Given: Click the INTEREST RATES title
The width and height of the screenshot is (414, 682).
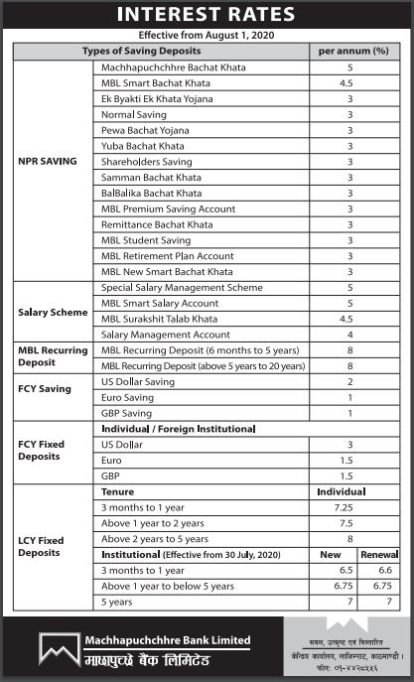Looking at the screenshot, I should (x=207, y=14).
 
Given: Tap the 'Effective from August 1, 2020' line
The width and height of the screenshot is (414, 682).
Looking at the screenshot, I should (x=207, y=35).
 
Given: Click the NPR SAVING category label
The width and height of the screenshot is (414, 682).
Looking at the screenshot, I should (x=48, y=162).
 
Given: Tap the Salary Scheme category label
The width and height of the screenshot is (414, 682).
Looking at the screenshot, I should (x=53, y=311).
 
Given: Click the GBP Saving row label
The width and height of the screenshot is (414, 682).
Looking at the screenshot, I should (x=126, y=413).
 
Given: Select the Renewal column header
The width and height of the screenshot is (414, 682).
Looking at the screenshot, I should (x=379, y=555).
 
